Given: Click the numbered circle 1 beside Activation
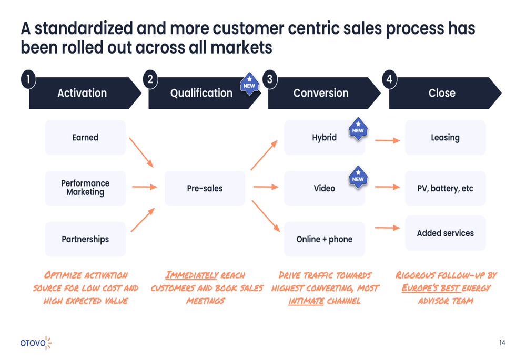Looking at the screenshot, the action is click(28, 79).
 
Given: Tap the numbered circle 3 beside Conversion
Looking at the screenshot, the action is click(270, 79).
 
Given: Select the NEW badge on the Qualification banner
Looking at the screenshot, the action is click(249, 84).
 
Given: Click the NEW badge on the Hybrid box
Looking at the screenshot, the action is click(358, 129).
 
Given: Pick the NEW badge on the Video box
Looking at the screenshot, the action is click(358, 177).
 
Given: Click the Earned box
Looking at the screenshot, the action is click(85, 137).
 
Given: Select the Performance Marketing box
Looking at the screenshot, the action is click(85, 188).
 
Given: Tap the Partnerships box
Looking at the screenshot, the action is click(85, 239).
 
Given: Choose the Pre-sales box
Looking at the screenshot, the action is click(205, 188).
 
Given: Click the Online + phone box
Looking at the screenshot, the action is click(325, 239).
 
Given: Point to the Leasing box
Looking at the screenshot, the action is click(445, 137).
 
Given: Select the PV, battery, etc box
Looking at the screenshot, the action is click(445, 188).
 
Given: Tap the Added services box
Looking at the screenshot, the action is click(445, 233).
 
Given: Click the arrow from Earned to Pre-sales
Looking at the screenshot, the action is click(141, 152).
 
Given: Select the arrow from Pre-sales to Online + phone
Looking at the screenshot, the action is click(266, 216).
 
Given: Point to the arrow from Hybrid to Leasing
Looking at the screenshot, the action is click(388, 140).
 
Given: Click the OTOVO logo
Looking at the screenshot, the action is click(36, 343).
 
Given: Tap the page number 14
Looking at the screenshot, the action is click(502, 343).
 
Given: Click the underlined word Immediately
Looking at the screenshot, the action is click(191, 275).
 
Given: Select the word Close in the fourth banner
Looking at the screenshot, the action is click(442, 93).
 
